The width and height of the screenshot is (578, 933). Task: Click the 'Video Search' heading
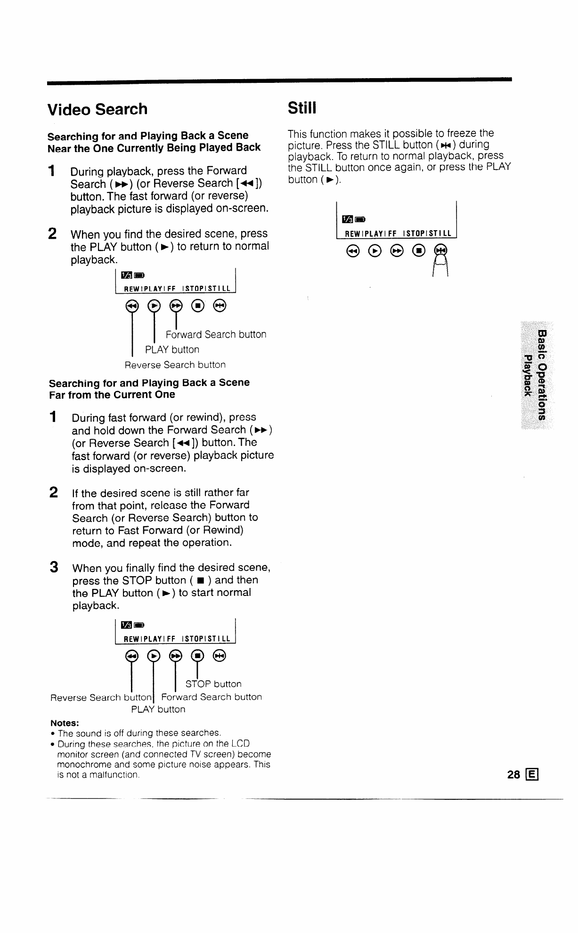98,109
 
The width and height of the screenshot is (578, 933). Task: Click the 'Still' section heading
301,108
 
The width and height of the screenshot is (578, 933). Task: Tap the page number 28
513,775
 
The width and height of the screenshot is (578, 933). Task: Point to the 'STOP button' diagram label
213,684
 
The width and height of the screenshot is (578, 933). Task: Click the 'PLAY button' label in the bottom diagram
158,709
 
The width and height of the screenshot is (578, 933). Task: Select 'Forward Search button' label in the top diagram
216,335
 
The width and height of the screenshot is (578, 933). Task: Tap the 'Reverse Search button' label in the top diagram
175,365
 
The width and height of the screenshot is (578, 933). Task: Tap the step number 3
54,567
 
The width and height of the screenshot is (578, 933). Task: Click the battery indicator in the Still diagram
360,219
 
